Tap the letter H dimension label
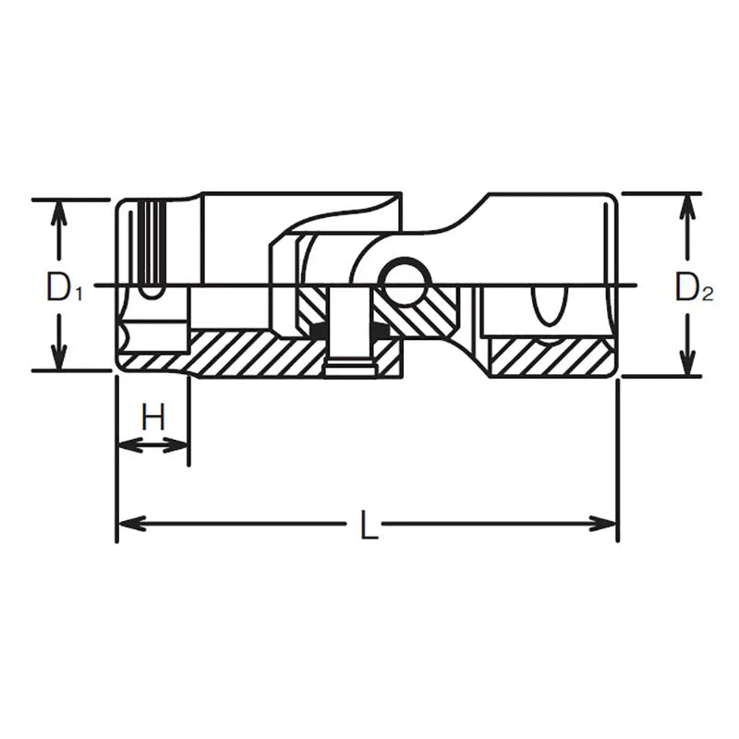pyautogui.click(x=152, y=418)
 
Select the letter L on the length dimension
pyautogui.click(x=367, y=527)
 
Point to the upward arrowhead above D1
pyautogui.click(x=59, y=211)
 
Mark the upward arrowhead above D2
pyautogui.click(x=686, y=205)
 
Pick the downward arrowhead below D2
pyautogui.click(x=686, y=365)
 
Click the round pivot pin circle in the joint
pyautogui.click(x=403, y=283)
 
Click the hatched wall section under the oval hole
pyautogui.click(x=550, y=357)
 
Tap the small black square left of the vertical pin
pyautogui.click(x=319, y=330)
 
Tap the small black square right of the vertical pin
pyautogui.click(x=379, y=330)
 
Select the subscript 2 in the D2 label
pyautogui.click(x=707, y=296)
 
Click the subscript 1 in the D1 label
pyautogui.click(x=79, y=296)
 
